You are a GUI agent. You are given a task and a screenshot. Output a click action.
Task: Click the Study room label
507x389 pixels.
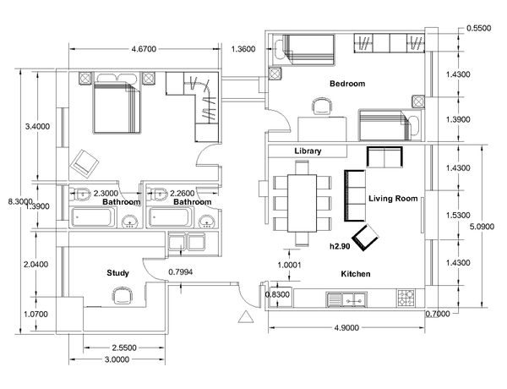click(117, 273)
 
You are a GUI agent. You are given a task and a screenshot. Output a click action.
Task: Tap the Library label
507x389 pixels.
click(308, 151)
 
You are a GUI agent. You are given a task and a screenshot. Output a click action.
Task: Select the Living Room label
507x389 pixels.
click(393, 199)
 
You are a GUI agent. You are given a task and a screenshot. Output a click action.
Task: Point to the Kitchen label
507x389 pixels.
click(356, 274)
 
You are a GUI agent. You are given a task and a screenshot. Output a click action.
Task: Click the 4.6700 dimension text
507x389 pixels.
click(144, 49)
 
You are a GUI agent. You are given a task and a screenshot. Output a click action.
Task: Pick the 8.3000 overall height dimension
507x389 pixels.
click(20, 201)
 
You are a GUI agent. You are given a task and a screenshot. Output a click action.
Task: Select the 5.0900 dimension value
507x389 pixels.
click(482, 227)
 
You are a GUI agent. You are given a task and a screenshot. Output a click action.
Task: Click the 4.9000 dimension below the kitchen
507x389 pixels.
click(346, 328)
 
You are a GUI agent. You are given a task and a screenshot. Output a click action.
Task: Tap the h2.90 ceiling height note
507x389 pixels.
click(340, 246)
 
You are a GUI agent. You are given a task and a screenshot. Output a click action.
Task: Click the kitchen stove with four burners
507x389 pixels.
click(406, 298)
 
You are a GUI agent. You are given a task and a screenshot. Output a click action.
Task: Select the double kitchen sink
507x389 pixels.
click(346, 299)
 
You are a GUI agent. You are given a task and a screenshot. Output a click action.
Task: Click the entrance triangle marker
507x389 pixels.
click(246, 317)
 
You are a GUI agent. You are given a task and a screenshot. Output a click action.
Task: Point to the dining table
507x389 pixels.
click(302, 203)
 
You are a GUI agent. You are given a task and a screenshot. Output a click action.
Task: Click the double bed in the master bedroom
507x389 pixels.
click(117, 107)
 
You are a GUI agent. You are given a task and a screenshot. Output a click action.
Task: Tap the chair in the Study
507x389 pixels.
click(123, 296)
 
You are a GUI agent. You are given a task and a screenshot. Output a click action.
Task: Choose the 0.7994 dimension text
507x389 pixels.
click(181, 271)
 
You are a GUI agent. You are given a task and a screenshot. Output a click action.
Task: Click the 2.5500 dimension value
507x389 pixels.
click(124, 348)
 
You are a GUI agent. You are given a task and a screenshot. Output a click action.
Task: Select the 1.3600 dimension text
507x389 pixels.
click(243, 49)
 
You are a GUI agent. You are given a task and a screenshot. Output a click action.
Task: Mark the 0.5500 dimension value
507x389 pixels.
click(479, 28)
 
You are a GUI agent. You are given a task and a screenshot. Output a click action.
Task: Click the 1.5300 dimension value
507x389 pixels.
click(458, 215)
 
